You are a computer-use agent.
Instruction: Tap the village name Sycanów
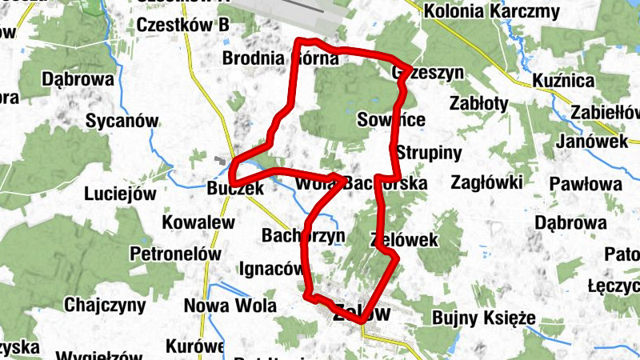pyautogui.click(x=122, y=122)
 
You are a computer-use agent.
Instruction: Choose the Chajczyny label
pyautogui.click(x=105, y=305)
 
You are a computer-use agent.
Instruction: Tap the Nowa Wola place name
pyautogui.click(x=230, y=306)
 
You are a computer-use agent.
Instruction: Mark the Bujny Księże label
pyautogui.click(x=483, y=318)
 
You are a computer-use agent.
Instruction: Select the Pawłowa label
pyautogui.click(x=586, y=185)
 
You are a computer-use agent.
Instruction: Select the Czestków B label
pyautogui.click(x=183, y=26)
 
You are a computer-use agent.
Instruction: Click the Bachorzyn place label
pyautogui.click(x=302, y=236)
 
